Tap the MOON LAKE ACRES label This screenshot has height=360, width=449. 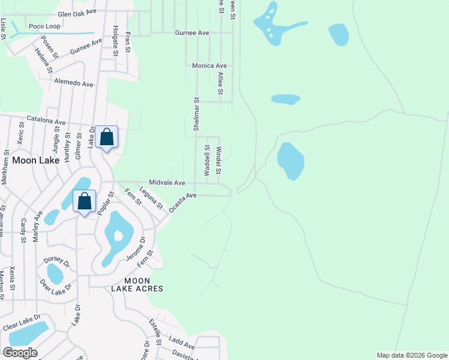coord(137,284)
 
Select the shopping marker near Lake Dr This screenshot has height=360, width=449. coord(106,137)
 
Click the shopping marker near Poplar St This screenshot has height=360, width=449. coord(85,201)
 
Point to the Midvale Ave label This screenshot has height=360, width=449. coord(167,182)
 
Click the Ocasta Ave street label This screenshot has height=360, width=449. coord(183,202)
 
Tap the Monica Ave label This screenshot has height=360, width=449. coord(209,66)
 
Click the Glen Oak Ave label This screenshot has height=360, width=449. coord(77,13)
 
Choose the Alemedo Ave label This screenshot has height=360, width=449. coord(74,82)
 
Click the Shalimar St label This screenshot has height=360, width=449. coord(196,114)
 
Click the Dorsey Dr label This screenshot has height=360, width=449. coord(57,263)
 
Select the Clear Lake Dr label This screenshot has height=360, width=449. coord(21,322)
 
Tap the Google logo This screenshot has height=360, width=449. coord(20,353)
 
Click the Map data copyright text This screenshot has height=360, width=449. coord(411,355)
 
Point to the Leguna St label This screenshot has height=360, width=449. coord(151,198)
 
